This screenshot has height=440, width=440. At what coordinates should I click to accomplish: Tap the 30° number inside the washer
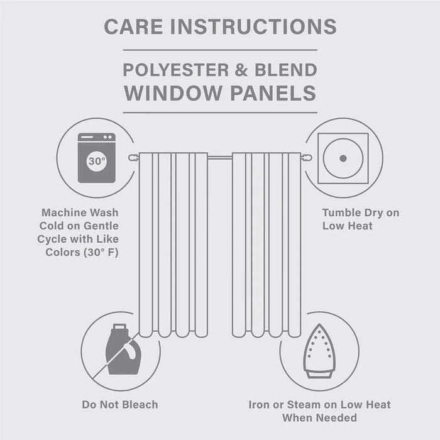97,162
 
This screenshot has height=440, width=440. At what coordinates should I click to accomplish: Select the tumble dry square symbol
343,158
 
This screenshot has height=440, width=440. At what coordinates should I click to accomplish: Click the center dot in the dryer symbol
343,158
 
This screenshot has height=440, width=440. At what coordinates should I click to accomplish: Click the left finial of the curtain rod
133,158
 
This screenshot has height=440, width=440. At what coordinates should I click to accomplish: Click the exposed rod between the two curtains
220,158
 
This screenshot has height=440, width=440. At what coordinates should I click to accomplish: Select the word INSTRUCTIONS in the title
254,26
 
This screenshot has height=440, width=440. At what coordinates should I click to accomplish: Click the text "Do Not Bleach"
120,404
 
